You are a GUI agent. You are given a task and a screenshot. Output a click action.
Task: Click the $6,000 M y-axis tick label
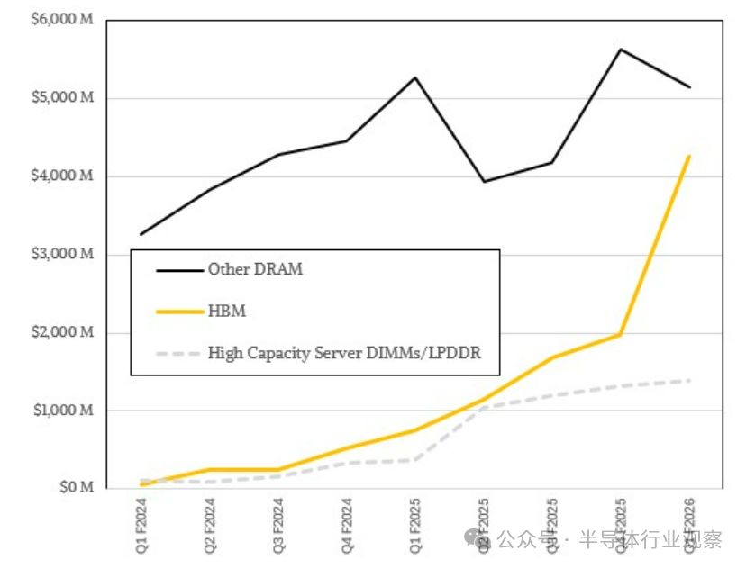pos(63,20)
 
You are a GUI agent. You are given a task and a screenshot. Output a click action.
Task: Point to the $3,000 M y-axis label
pos(63,255)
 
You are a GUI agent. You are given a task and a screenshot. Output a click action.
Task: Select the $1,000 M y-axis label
pos(63,411)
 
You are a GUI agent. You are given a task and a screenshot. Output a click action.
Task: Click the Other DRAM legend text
pos(255,269)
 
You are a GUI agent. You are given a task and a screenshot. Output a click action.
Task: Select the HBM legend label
pos(227,312)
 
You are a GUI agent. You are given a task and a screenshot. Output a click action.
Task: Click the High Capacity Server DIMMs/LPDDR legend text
pos(344,353)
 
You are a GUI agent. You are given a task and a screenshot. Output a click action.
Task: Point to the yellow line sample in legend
pos(177,312)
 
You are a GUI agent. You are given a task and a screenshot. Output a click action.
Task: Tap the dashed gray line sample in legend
pos(177,353)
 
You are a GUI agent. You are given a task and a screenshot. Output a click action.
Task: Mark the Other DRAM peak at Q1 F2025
pos(415,77)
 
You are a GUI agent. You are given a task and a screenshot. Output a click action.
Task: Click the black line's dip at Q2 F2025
pos(484,182)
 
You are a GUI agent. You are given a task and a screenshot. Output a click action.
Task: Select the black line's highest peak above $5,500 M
pos(620,50)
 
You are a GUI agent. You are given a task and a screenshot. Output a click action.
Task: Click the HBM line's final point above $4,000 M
pos(689,157)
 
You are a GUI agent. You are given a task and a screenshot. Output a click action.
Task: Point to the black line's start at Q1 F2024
pos(141,234)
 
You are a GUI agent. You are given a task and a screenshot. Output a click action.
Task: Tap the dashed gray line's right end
pos(689,381)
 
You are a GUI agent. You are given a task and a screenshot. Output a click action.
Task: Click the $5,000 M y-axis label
pos(63,98)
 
